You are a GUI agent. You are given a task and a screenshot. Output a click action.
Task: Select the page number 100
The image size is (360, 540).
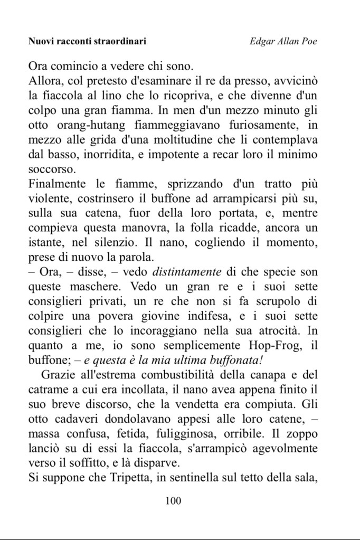[173, 500]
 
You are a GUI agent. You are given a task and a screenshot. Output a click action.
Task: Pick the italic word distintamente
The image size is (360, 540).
[187, 273]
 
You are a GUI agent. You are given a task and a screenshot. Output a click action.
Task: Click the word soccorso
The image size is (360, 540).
[52, 170]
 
